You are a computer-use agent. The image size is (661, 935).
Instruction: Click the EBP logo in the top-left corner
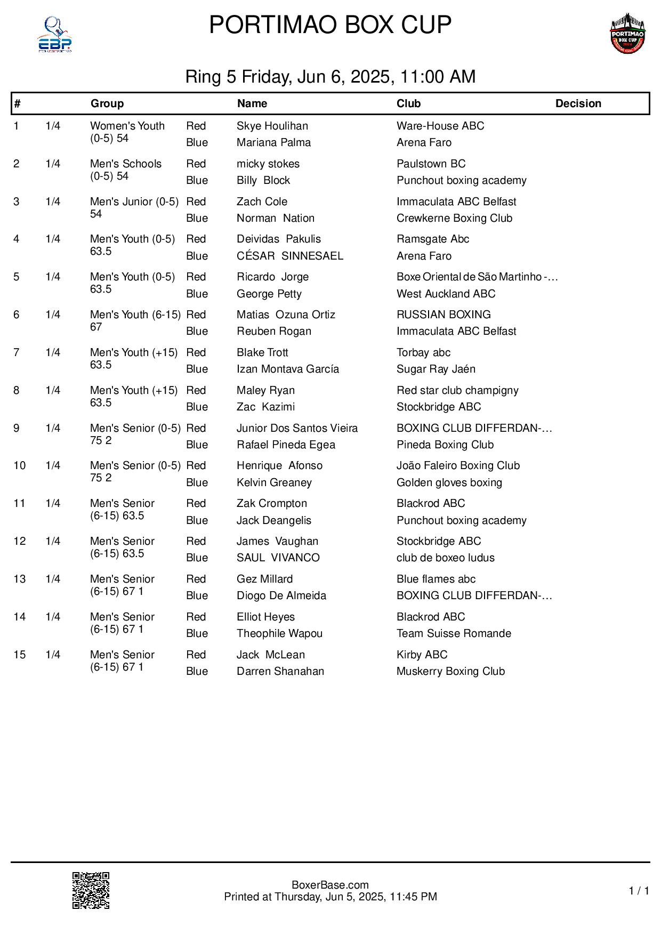pos(54,35)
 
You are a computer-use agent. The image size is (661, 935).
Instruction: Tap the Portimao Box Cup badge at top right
pos(627,34)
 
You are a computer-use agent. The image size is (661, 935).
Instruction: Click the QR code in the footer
pos(91,890)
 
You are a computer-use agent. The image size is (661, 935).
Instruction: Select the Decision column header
pos(578,103)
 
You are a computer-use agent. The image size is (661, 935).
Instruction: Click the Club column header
pos(408,103)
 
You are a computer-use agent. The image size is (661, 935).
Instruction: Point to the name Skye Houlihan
pos(272,126)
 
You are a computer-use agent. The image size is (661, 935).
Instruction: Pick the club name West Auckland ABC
pos(446,294)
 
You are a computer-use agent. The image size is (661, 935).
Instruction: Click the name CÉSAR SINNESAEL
pos(289,256)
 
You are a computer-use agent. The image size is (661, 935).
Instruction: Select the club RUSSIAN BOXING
pos(444,315)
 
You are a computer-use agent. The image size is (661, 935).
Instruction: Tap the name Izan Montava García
pos(287,369)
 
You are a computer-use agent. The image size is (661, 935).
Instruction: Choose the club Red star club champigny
pos(457,390)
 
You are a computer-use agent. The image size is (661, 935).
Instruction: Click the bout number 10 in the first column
pos(19,465)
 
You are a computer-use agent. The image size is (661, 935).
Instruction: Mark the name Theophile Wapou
pos(279,633)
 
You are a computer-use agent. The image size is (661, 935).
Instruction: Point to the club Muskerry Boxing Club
pos(450,671)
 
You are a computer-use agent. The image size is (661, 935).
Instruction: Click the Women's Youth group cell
pos(127,132)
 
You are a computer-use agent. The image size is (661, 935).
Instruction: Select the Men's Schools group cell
pos(125,170)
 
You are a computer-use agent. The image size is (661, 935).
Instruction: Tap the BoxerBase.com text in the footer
pos(330,885)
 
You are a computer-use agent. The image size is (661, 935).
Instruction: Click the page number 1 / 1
pos(639,891)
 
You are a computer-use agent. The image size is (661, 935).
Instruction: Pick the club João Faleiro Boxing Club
pos(458,465)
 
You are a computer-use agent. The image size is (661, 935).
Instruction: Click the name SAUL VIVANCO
pos(278,558)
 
